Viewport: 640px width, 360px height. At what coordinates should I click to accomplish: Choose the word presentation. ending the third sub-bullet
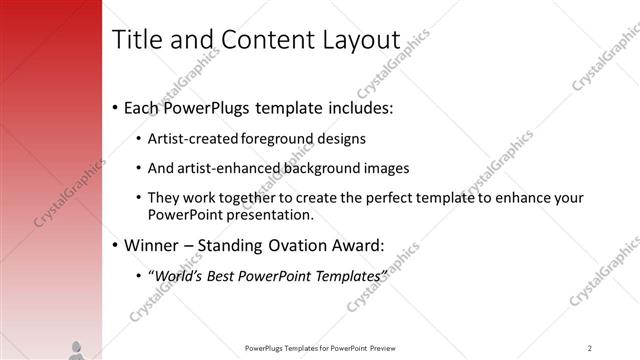[273, 214]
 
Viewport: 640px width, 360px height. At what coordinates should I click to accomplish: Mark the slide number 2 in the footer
[590, 348]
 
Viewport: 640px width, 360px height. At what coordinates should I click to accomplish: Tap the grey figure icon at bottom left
[76, 349]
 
